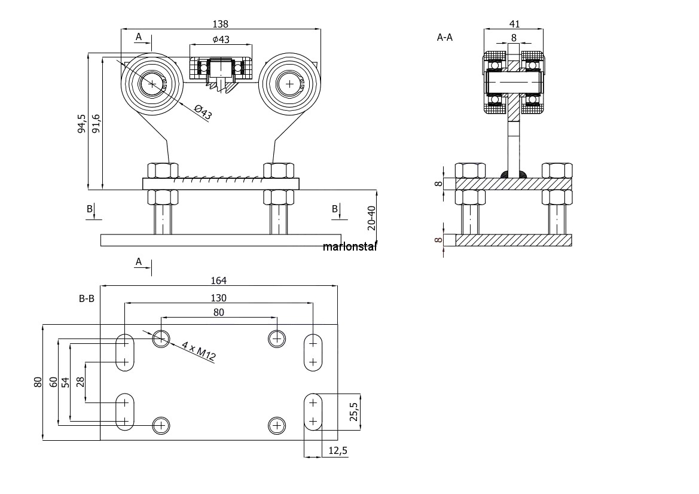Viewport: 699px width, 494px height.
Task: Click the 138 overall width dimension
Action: (x=220, y=24)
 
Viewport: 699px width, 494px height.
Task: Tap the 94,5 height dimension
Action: (x=81, y=123)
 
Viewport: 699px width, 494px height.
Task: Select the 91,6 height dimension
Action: (x=96, y=123)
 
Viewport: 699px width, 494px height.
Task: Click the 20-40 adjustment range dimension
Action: (x=371, y=218)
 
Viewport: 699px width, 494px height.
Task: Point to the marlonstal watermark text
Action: (x=350, y=246)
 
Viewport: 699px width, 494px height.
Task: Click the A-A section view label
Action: (x=444, y=38)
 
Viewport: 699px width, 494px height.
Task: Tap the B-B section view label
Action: (x=87, y=298)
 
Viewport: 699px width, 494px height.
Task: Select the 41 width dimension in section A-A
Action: (x=514, y=24)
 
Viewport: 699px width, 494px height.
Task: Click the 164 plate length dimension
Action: (x=218, y=280)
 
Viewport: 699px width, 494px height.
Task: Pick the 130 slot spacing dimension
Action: (x=218, y=298)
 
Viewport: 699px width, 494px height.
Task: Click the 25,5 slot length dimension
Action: (x=353, y=411)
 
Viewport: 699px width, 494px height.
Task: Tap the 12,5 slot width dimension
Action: (x=337, y=451)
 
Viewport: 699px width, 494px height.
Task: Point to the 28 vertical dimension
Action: (x=80, y=382)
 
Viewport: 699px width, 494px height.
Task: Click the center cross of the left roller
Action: (x=152, y=84)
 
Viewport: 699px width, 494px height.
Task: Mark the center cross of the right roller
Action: (x=290, y=84)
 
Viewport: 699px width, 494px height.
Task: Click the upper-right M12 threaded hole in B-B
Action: (x=277, y=339)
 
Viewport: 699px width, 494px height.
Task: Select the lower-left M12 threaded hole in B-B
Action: (x=161, y=425)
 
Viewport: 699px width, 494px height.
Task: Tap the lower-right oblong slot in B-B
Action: (x=313, y=411)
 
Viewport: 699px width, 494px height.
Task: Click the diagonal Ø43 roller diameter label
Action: (x=203, y=112)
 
